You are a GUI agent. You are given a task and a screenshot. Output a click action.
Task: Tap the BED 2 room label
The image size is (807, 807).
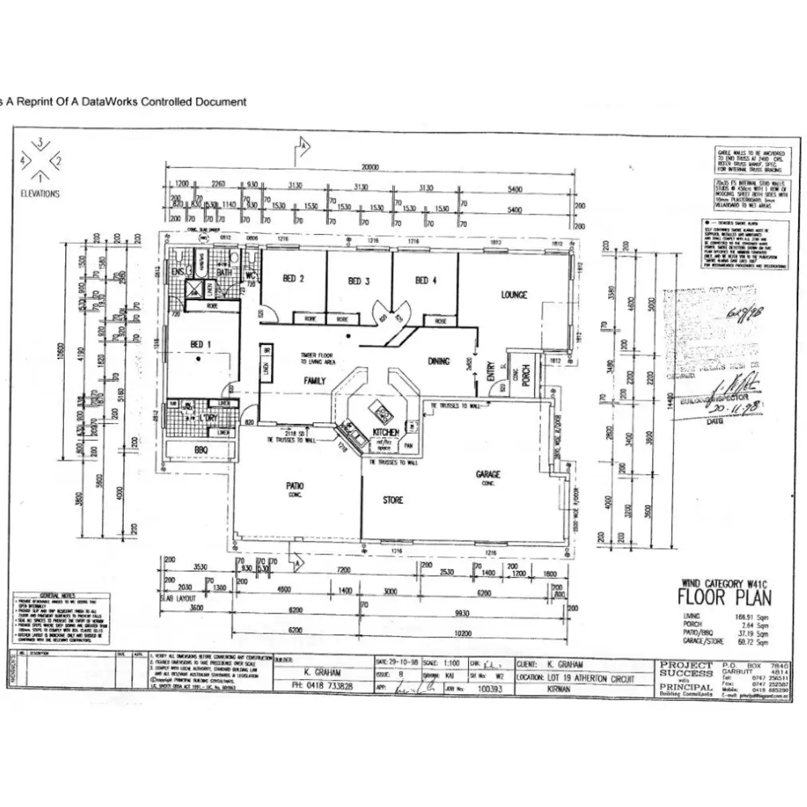click(293, 279)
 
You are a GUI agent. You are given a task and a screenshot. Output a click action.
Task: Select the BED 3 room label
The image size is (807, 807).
click(358, 281)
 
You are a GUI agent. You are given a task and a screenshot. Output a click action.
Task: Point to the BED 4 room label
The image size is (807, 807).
click(426, 280)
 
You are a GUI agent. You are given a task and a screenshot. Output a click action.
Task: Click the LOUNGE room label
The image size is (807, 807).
click(514, 295)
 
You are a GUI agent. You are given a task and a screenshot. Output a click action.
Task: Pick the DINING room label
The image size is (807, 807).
click(438, 362)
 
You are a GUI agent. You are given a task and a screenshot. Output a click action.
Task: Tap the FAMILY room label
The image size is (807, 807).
click(315, 381)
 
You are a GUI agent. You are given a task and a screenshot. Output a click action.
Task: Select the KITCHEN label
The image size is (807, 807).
click(385, 432)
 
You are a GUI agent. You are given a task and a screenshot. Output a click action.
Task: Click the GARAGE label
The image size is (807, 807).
click(488, 475)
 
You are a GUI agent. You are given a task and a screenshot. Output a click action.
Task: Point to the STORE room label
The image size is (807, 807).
click(393, 500)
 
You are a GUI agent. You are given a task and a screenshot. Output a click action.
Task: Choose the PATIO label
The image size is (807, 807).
click(295, 486)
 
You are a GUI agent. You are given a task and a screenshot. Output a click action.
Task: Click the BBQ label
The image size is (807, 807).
click(201, 449)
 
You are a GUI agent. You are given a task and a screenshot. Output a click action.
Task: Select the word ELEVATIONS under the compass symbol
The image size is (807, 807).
click(40, 194)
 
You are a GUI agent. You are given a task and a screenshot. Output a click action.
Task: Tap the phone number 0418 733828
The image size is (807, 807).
click(325, 687)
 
